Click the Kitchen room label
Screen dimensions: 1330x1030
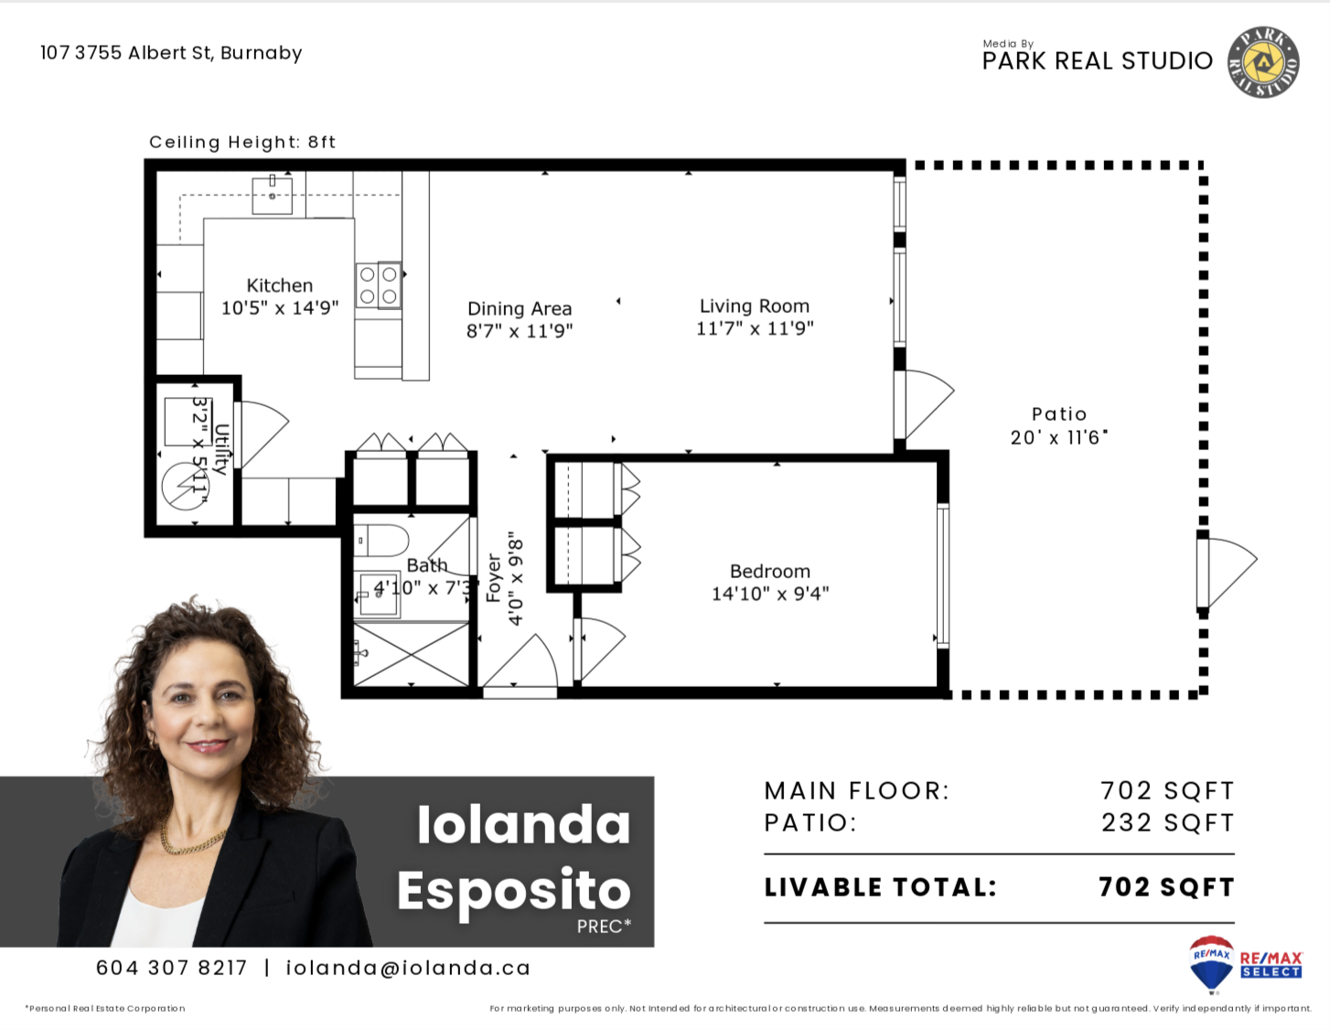pyautogui.click(x=280, y=285)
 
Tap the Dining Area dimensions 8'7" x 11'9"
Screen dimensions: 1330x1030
pyautogui.click(x=520, y=331)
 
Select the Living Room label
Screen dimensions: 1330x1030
pyautogui.click(x=755, y=306)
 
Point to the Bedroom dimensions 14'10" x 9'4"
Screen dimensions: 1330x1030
pyautogui.click(x=770, y=594)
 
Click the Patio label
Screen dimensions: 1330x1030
pyautogui.click(x=1059, y=414)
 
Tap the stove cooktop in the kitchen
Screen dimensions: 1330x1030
pyautogui.click(x=379, y=285)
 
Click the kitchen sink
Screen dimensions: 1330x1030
pyautogui.click(x=273, y=195)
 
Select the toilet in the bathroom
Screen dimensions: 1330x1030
pyautogui.click(x=381, y=541)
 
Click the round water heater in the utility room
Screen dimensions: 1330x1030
pyautogui.click(x=186, y=487)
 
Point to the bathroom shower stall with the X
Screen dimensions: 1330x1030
pyautogui.click(x=412, y=654)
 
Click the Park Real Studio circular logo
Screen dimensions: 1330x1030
pyautogui.click(x=1263, y=62)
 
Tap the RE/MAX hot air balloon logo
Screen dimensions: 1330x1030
pyautogui.click(x=1211, y=962)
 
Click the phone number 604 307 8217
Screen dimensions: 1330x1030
pyautogui.click(x=171, y=968)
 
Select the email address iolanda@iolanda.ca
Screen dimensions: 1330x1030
pyautogui.click(x=408, y=968)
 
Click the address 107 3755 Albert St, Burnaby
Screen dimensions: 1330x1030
pyautogui.click(x=171, y=53)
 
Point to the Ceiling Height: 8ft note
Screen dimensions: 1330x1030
pyautogui.click(x=242, y=142)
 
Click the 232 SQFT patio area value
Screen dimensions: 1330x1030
pyautogui.click(x=1168, y=822)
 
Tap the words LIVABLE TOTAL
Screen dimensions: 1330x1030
pyautogui.click(x=881, y=887)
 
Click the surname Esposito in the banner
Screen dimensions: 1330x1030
pyautogui.click(x=513, y=891)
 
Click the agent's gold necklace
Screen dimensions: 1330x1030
pyautogui.click(x=191, y=842)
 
